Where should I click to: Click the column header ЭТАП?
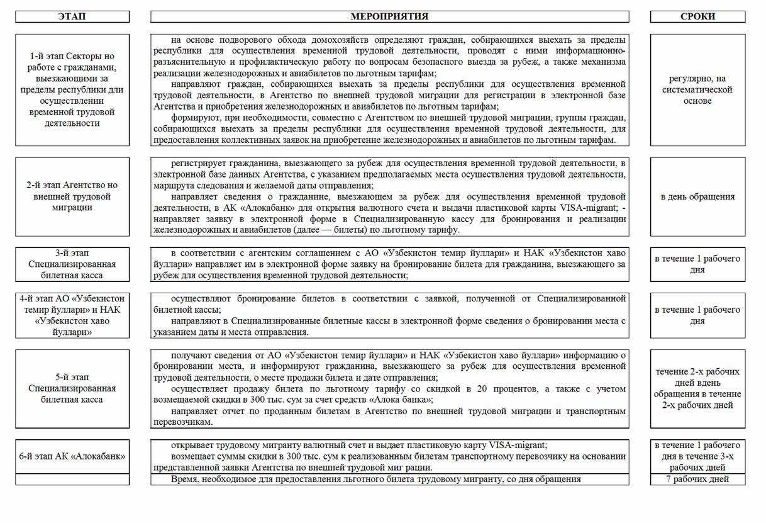(x=72, y=16)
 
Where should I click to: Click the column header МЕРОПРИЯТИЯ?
(x=389, y=16)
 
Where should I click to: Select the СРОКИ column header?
(x=697, y=16)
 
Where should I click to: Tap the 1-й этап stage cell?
(x=72, y=90)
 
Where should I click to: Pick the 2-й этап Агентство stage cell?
(x=72, y=196)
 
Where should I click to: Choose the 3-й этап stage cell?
(x=72, y=264)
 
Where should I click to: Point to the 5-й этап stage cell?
(x=72, y=388)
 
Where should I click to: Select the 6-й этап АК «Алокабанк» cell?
(x=72, y=456)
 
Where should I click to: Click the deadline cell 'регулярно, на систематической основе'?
(x=697, y=90)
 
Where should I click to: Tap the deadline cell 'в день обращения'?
(x=697, y=196)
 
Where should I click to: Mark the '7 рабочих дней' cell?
(x=697, y=480)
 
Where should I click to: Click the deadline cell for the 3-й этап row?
(x=697, y=264)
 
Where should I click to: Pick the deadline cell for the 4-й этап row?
(x=697, y=315)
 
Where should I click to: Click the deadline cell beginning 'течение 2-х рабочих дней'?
(x=697, y=388)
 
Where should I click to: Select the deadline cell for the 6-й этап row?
(x=697, y=456)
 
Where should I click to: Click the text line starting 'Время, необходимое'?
(x=375, y=480)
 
